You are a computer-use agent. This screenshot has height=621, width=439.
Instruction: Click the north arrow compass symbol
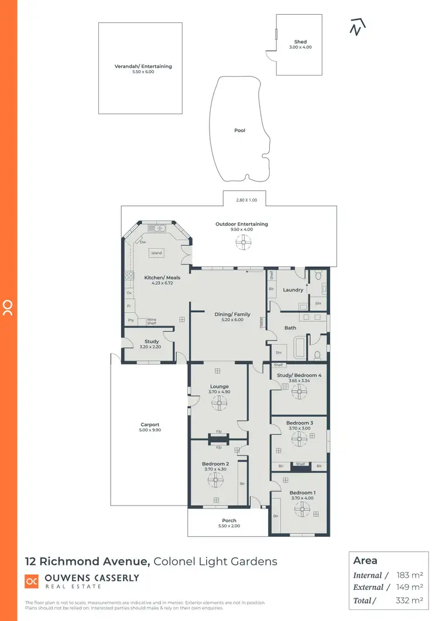(357, 27)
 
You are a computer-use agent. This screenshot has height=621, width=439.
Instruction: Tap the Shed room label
(300, 42)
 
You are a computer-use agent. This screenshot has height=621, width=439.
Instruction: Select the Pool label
(239, 131)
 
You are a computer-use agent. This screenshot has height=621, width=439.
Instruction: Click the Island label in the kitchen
(156, 253)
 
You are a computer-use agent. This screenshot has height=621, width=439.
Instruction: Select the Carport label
(150, 425)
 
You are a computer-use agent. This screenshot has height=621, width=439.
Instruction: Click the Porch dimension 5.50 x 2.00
(229, 526)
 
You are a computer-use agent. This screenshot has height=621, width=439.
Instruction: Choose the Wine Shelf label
(152, 321)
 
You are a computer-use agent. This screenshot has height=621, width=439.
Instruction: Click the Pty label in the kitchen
(130, 321)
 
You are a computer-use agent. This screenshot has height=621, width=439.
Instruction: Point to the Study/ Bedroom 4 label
(299, 375)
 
